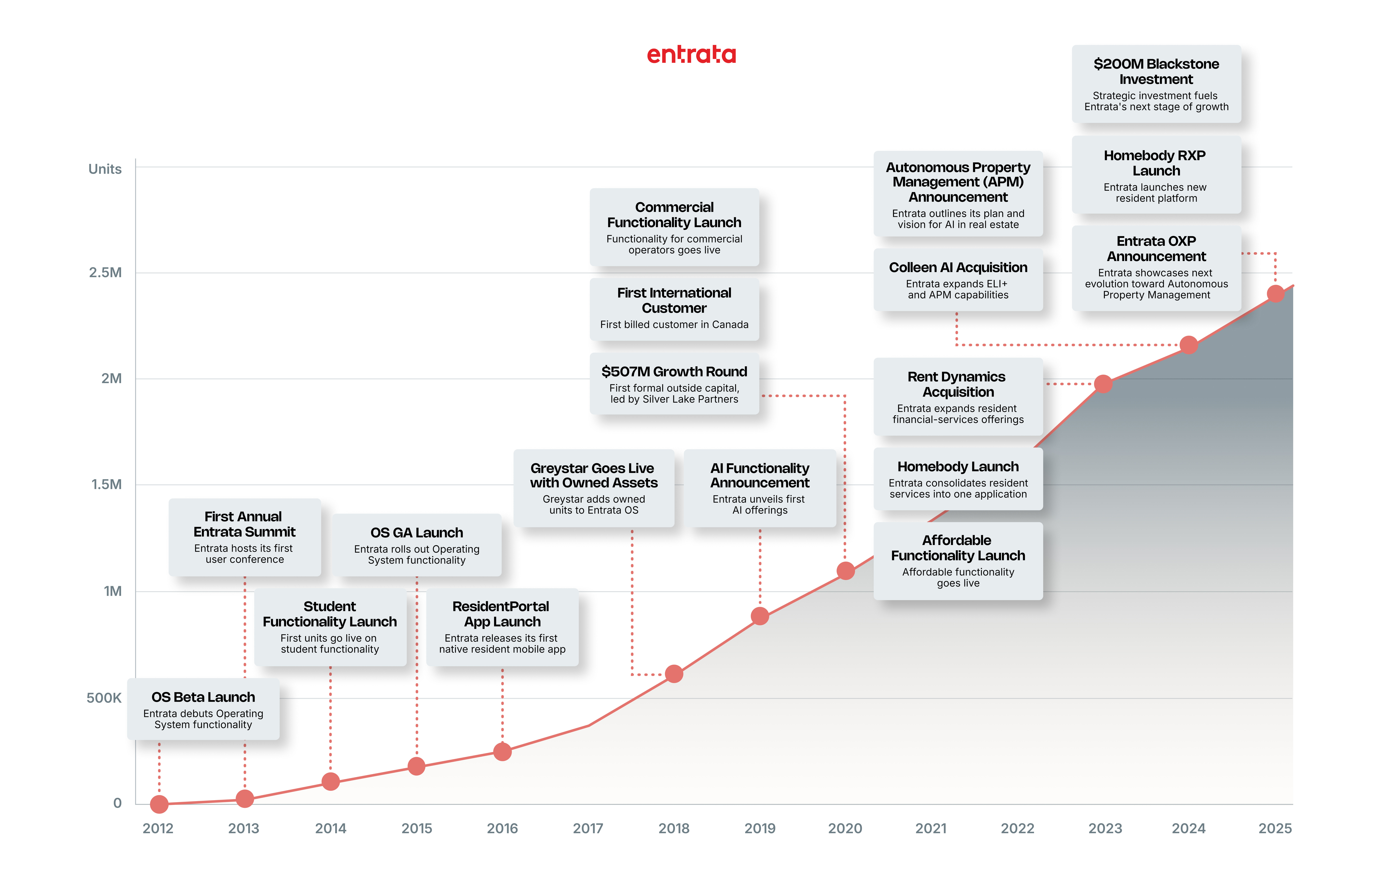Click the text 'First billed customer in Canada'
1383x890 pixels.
(674, 325)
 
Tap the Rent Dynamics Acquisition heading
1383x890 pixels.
(957, 384)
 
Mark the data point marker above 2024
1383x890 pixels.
(1188, 345)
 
